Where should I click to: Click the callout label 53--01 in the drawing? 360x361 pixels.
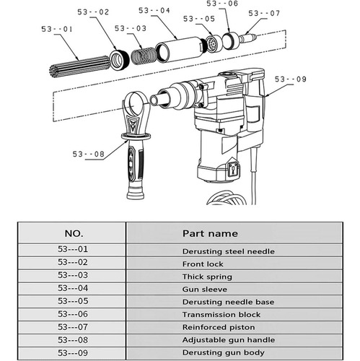[57, 29]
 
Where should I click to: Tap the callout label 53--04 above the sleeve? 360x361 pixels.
[154, 11]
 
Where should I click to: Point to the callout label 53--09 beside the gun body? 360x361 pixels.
[291, 79]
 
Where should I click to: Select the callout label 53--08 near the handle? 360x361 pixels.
[89, 154]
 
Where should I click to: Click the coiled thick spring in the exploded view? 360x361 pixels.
[144, 56]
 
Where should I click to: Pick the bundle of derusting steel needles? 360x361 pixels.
[79, 66]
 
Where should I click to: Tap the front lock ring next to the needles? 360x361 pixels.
[119, 60]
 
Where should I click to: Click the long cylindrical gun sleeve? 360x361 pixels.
[180, 50]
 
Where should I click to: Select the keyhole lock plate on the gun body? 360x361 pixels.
[233, 170]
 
